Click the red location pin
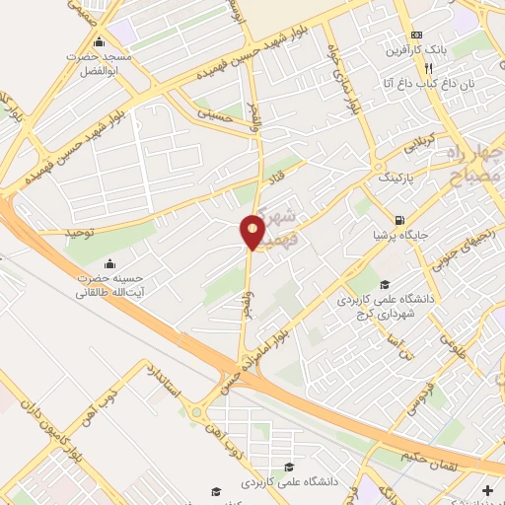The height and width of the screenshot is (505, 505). (252, 233)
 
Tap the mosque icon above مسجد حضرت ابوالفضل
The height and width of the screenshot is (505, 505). (98, 42)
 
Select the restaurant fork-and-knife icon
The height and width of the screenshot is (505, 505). (428, 68)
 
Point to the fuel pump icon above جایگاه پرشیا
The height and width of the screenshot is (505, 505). (398, 220)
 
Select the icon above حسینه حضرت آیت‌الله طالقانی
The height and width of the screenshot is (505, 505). (108, 262)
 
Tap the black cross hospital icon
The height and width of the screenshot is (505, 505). (488, 489)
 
